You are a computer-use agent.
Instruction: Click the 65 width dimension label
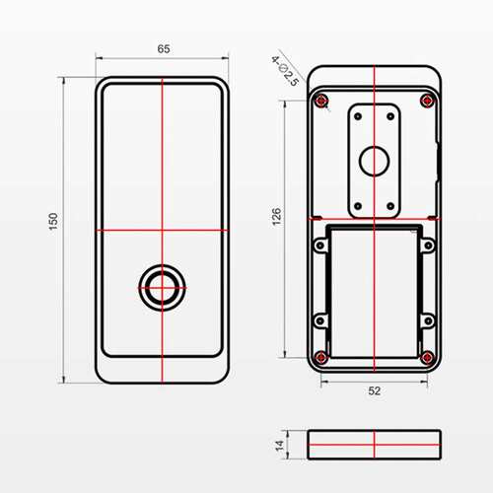pyautogui.click(x=164, y=49)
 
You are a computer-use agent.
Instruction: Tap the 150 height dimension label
pyautogui.click(x=53, y=222)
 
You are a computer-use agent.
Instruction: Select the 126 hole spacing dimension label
pyautogui.click(x=277, y=216)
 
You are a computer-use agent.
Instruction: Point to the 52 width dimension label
pyautogui.click(x=375, y=390)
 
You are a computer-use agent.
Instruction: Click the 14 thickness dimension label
pyautogui.click(x=279, y=446)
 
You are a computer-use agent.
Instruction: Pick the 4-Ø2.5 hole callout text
pyautogui.click(x=285, y=71)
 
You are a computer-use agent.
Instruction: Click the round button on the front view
pyautogui.click(x=162, y=288)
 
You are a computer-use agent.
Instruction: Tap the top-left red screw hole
pyautogui.click(x=321, y=101)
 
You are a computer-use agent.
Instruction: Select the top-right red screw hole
pyautogui.click(x=427, y=101)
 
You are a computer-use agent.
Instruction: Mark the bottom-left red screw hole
pyautogui.click(x=321, y=358)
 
